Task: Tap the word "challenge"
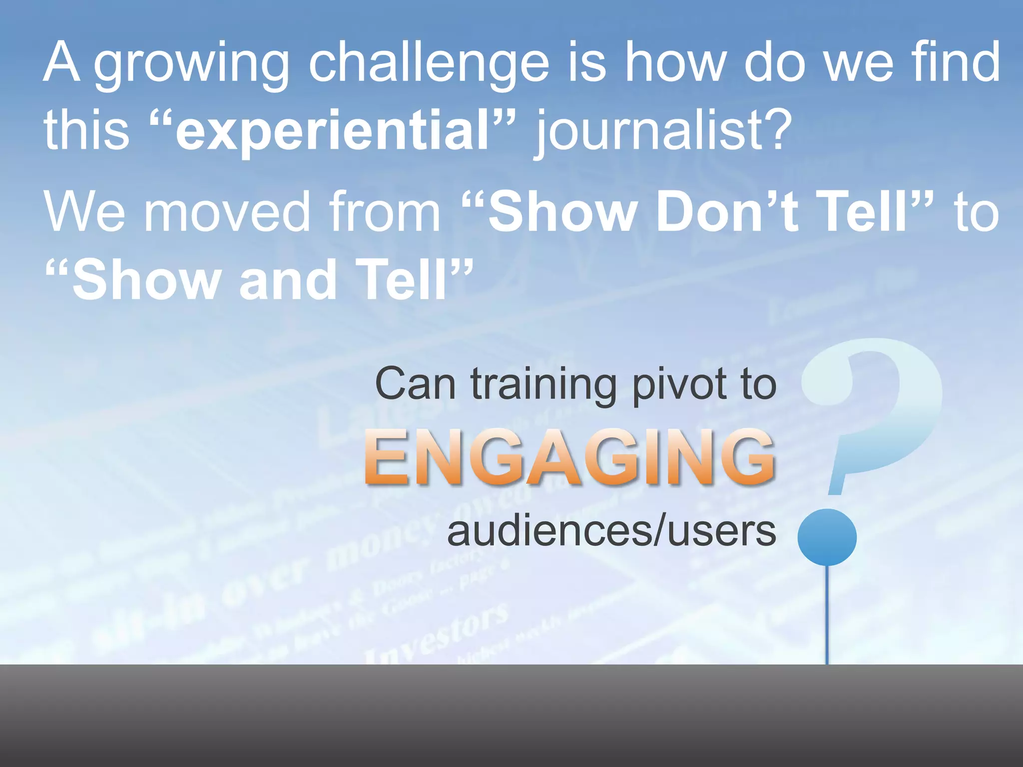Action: pos(429,64)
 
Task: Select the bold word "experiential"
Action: pos(332,131)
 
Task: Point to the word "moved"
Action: pos(227,212)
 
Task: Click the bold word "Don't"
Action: pos(727,212)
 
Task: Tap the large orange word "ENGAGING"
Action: pos(569,457)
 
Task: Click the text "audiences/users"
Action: pos(612,531)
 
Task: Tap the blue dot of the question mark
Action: pos(827,537)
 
